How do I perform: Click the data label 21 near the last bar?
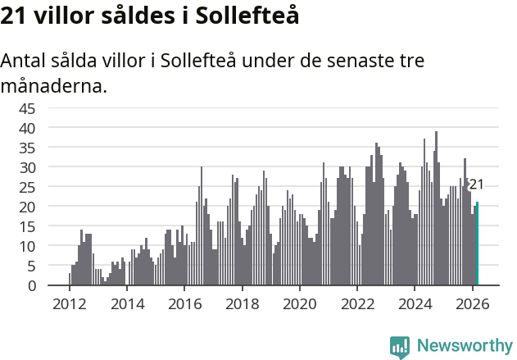pos(476,185)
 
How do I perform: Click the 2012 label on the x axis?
pos(69,303)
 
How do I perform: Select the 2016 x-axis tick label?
pos(184,303)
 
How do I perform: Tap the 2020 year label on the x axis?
pos(299,303)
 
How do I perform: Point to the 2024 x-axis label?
pos(415,303)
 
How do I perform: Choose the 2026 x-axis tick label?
pos(472,303)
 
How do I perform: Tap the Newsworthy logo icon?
pos(400,347)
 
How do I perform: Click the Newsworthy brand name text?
pos(465,346)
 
